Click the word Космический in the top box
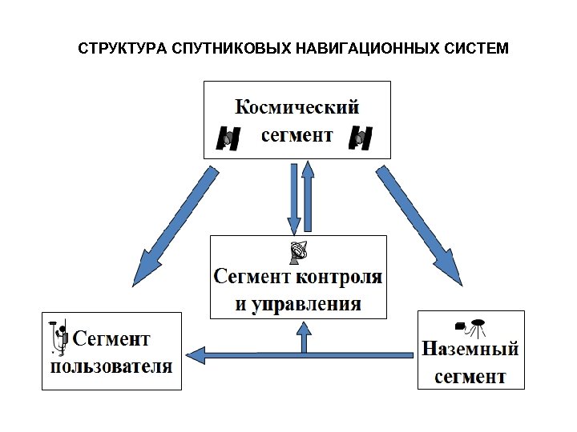pos(297,106)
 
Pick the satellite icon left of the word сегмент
pos(228,138)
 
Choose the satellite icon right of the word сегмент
pos(361,138)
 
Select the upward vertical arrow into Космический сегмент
pos(307,197)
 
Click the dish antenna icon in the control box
pos(299,252)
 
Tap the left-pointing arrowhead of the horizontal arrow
pos(194,351)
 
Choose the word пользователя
pos(111,367)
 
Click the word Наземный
pos(470,350)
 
